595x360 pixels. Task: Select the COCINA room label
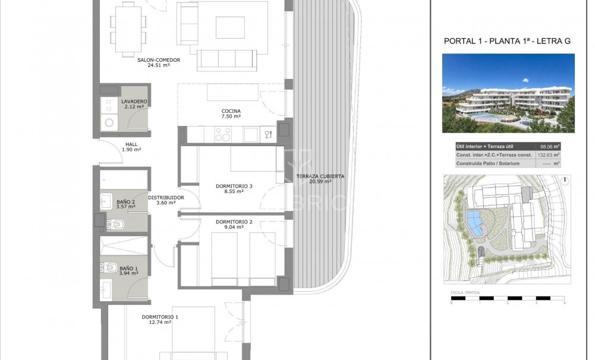pos(231,111)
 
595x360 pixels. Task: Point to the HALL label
pos(131,144)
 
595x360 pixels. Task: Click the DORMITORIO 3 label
pos(234,186)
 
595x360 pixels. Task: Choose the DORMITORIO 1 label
pos(160,317)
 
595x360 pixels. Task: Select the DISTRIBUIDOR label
pos(166,197)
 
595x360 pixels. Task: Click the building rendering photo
pos(508,93)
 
